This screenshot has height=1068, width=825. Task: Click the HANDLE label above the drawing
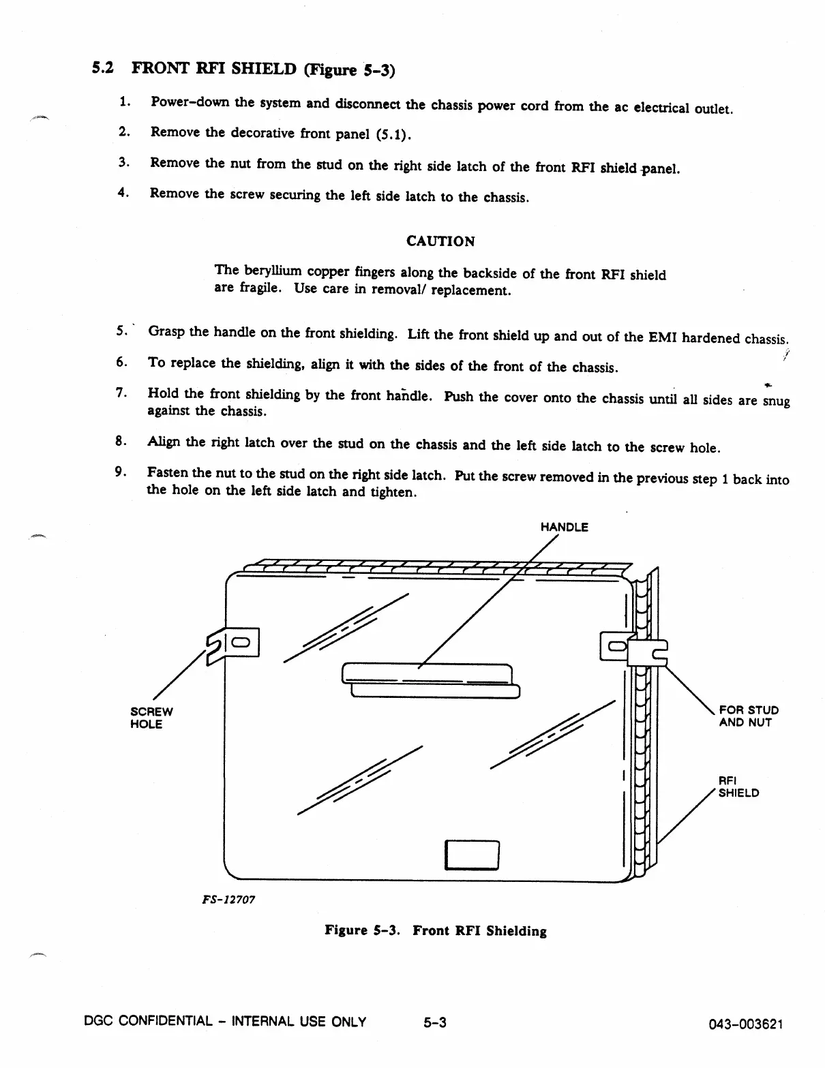pos(564,527)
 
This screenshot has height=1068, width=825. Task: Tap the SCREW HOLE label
pos(151,718)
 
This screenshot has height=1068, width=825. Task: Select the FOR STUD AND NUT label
pos(748,716)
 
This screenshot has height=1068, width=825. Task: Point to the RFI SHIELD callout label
pos(738,787)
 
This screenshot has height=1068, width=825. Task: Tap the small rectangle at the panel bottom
pos(472,854)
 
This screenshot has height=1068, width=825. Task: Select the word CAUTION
pos(440,241)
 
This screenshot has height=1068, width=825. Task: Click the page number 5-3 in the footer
pos(434,1022)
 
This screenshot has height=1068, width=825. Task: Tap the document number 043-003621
pos(746,1024)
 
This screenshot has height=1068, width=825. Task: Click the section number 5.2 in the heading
pos(102,68)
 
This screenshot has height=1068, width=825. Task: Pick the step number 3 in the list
pos(123,162)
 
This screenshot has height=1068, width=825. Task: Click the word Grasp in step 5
pos(167,331)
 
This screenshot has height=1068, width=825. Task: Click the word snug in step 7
pos(777,401)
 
